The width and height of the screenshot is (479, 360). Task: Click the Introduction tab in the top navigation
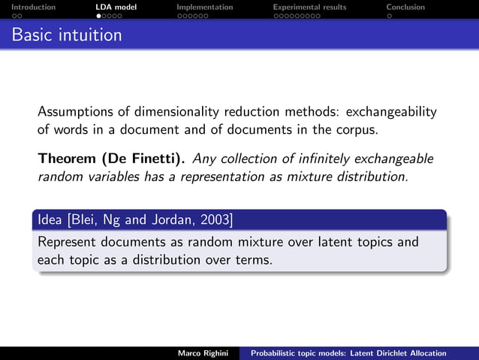(x=28, y=7)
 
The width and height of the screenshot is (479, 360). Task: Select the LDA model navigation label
(x=116, y=7)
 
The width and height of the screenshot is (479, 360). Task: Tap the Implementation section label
(x=204, y=7)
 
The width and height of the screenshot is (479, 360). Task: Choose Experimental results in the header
(x=309, y=7)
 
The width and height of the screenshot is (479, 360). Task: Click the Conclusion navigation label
(x=405, y=7)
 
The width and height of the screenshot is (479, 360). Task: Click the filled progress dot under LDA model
(x=98, y=15)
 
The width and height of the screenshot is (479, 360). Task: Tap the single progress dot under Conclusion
(x=389, y=15)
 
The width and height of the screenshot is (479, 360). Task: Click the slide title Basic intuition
(x=67, y=35)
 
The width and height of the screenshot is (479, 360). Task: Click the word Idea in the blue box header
(x=50, y=219)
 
